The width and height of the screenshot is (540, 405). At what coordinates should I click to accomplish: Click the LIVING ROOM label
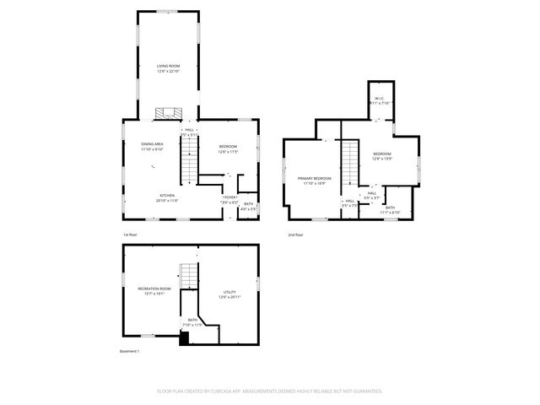coord(168,66)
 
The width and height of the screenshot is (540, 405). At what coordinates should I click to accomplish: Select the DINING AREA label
coord(152,145)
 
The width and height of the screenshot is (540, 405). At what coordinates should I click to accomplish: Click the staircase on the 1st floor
coord(189,161)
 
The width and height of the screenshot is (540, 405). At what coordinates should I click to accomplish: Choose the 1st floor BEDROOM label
coord(228,146)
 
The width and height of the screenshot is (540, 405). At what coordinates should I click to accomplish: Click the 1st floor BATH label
coord(248,204)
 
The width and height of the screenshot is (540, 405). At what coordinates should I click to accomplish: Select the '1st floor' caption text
coord(131,235)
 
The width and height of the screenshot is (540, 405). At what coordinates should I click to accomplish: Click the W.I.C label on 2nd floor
coord(380,98)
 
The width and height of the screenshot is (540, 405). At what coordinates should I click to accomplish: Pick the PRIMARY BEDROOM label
coord(314,179)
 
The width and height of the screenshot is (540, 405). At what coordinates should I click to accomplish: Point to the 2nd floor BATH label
coord(390,208)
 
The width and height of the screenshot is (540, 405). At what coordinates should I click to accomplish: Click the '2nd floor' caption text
coord(296,235)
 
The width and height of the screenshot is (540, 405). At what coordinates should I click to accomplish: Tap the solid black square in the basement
coord(185,339)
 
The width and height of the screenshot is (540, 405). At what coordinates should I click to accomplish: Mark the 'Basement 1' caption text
coord(130,350)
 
